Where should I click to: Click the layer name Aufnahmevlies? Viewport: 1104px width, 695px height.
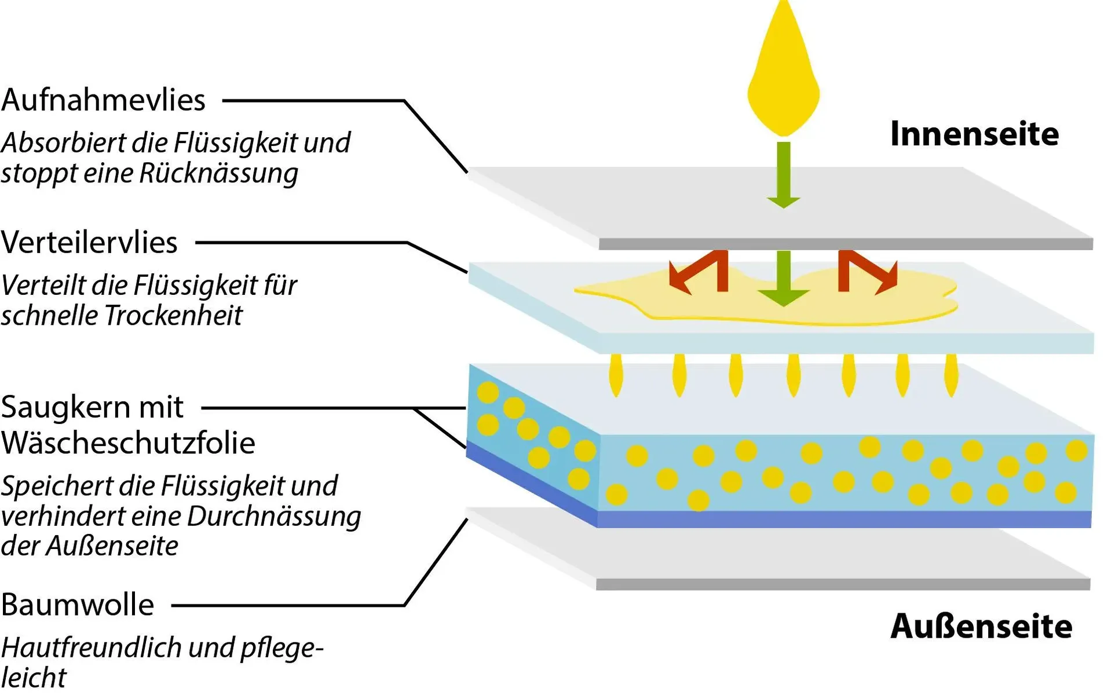[103, 100]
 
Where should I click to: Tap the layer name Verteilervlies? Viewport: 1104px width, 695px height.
[89, 243]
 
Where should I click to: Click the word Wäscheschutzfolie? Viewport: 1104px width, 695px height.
[128, 443]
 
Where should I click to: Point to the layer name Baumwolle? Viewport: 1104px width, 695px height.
[78, 605]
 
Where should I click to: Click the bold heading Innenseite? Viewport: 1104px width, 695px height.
[974, 134]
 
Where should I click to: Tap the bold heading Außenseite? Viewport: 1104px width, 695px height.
[981, 627]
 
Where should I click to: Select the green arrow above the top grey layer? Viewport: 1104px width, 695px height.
[784, 174]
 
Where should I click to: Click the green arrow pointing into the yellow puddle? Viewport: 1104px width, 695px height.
[784, 278]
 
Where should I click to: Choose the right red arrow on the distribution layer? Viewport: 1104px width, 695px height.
[868, 271]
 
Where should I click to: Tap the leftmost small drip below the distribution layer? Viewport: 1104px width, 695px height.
[616, 375]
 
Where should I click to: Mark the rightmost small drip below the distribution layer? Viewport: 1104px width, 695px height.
[951, 375]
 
